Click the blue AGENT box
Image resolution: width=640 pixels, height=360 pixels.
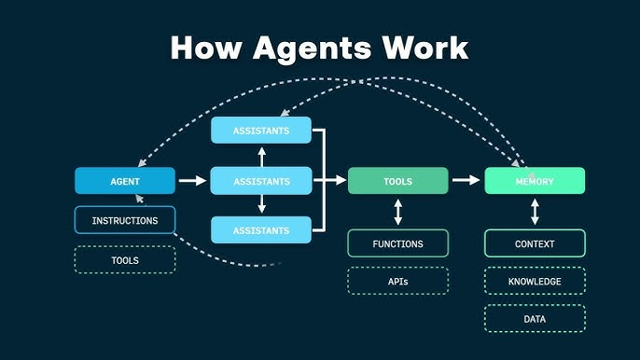[x=125, y=181]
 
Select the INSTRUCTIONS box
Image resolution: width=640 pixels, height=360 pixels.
[x=125, y=221]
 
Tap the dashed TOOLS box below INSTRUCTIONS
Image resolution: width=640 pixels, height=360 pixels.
[x=125, y=260]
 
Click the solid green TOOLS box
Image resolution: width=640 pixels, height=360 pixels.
[x=397, y=181]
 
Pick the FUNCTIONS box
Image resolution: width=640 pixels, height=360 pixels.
[x=397, y=244]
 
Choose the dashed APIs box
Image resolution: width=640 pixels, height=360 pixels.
[x=397, y=281]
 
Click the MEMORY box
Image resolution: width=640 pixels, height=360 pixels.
[x=535, y=181]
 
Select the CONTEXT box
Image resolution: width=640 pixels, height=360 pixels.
[x=535, y=244]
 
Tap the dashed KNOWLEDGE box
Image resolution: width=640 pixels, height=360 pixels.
[x=535, y=281]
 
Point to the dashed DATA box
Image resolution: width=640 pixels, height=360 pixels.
[x=535, y=319]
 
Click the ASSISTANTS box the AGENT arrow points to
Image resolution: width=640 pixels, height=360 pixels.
[x=261, y=181]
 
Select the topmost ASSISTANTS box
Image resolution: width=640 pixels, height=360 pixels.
[x=261, y=131]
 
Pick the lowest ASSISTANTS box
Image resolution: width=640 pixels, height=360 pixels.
[x=261, y=229]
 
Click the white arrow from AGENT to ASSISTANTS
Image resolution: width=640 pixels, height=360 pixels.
[x=192, y=181]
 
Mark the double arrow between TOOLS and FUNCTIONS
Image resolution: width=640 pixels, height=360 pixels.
[x=398, y=212]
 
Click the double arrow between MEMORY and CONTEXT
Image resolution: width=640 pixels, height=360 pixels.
[x=535, y=212]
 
